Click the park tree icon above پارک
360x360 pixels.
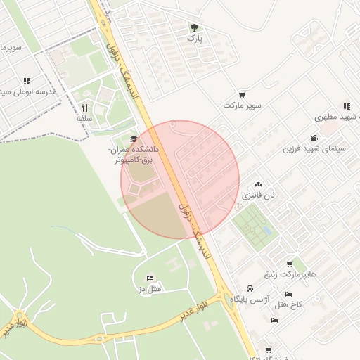[x=194, y=28]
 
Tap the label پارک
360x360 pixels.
[x=194, y=39]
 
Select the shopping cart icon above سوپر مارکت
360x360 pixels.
[x=243, y=94]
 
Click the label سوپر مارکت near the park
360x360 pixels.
[x=243, y=105]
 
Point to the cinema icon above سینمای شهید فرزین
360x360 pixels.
[x=314, y=138]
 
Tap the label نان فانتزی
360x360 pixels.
[x=259, y=194]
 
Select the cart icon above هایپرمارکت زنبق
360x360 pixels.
[x=290, y=264]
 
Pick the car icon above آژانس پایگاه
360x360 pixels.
[x=251, y=289]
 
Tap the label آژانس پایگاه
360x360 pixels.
[x=251, y=300]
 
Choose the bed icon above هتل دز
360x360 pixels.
[x=150, y=278]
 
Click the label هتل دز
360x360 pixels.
[x=150, y=289]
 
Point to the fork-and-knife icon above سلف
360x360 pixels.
[x=85, y=108]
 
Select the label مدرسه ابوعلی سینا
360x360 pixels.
[x=28, y=92]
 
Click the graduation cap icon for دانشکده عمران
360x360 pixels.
[x=134, y=139]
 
